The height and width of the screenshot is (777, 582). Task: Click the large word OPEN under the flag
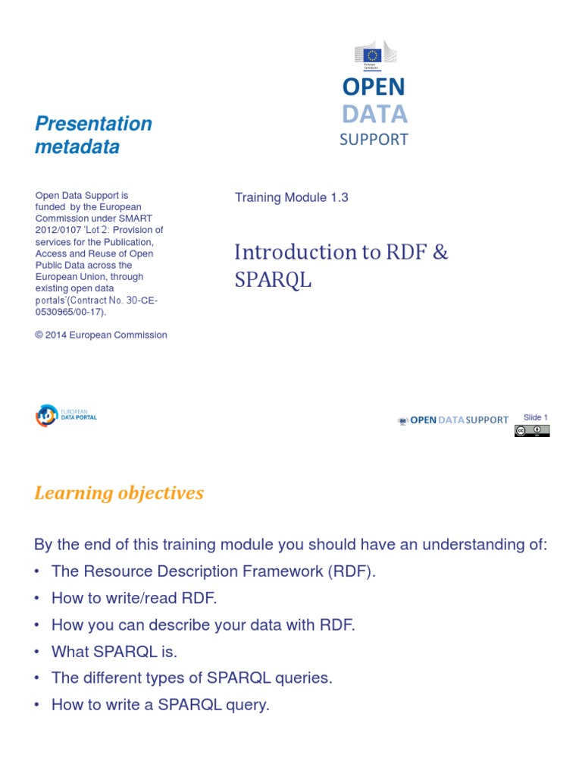pyautogui.click(x=374, y=87)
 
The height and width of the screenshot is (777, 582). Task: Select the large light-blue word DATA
pyautogui.click(x=374, y=114)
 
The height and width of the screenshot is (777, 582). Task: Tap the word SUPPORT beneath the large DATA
pyautogui.click(x=374, y=140)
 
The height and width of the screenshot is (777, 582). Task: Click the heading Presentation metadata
pyautogui.click(x=93, y=135)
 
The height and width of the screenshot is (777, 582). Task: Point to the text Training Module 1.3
pyautogui.click(x=292, y=197)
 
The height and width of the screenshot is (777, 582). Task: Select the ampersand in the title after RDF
pyautogui.click(x=441, y=252)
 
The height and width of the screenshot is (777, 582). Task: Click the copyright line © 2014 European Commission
pyautogui.click(x=101, y=335)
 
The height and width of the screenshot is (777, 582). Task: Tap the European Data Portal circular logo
pyautogui.click(x=46, y=416)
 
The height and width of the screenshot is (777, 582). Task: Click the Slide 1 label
pyautogui.click(x=535, y=417)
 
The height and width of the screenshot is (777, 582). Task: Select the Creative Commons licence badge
pyautogui.click(x=532, y=431)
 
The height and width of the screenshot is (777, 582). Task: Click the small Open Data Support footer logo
pyautogui.click(x=453, y=420)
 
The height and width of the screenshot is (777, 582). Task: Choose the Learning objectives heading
pyautogui.click(x=119, y=493)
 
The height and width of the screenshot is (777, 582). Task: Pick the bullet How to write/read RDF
pyautogui.click(x=134, y=598)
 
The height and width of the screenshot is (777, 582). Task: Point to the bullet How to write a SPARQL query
pyautogui.click(x=160, y=704)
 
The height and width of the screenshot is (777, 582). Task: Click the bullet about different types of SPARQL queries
pyautogui.click(x=192, y=678)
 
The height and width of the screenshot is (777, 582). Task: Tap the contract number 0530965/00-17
pyautogui.click(x=70, y=312)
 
